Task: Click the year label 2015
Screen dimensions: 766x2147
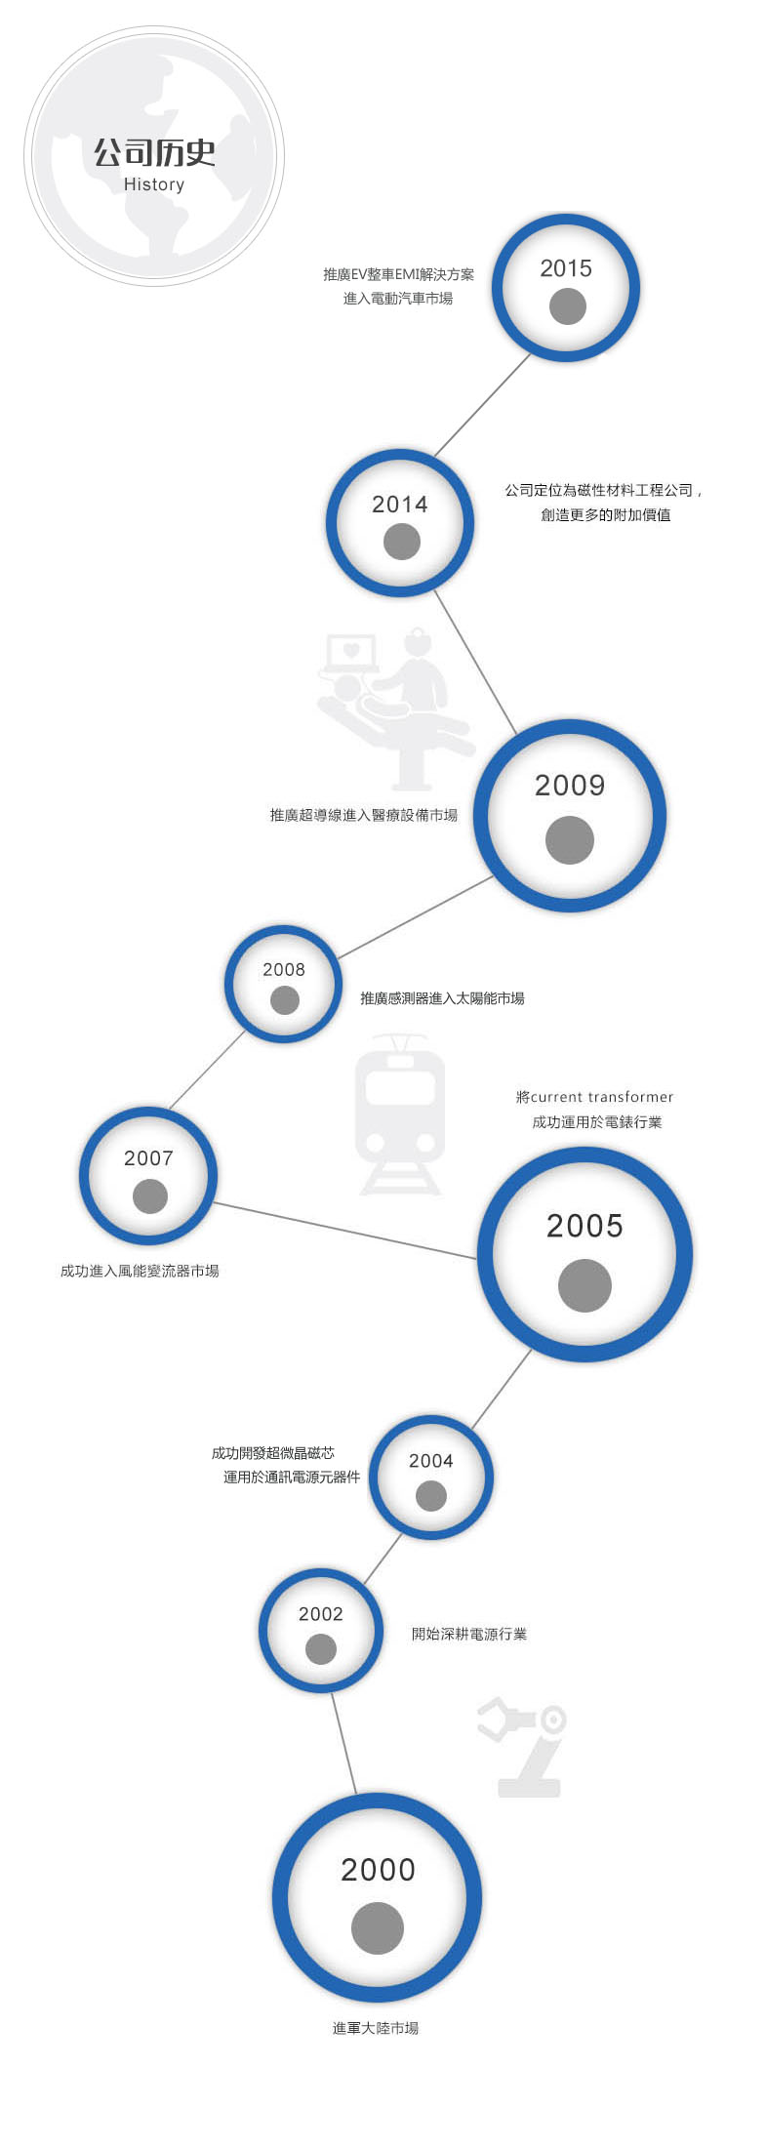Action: click(x=566, y=268)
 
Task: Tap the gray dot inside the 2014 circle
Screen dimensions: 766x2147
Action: click(x=402, y=542)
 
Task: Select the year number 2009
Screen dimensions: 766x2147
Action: click(x=570, y=786)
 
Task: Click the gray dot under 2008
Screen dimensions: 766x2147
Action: click(x=285, y=1000)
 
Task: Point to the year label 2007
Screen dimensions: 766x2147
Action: click(x=148, y=1158)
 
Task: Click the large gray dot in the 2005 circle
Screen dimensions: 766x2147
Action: click(x=585, y=1285)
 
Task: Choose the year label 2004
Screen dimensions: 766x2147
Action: click(x=431, y=1461)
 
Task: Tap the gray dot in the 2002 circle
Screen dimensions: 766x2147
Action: click(x=321, y=1649)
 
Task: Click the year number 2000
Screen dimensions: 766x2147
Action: click(x=378, y=1871)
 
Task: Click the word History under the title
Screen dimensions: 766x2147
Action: click(x=154, y=184)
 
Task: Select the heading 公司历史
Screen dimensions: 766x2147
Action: click(x=154, y=152)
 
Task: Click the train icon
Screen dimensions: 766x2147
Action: click(x=400, y=1115)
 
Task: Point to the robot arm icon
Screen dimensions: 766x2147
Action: click(x=522, y=1747)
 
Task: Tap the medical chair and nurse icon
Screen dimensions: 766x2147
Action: click(x=395, y=709)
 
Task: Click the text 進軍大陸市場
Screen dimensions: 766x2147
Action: click(x=376, y=2028)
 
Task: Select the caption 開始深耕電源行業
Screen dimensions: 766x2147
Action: click(x=469, y=1634)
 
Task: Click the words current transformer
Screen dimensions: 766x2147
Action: click(x=602, y=1097)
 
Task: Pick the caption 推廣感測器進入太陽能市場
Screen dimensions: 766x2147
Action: click(x=442, y=998)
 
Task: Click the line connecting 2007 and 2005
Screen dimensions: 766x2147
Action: click(x=345, y=1231)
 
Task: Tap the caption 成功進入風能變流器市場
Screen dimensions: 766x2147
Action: click(x=140, y=1271)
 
